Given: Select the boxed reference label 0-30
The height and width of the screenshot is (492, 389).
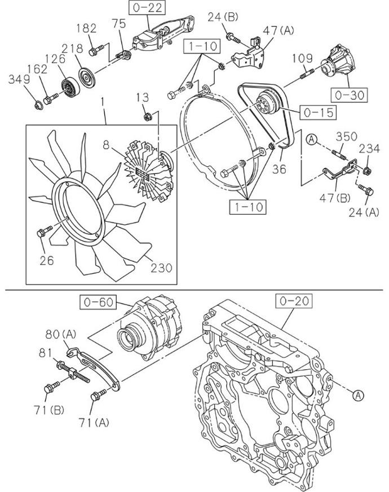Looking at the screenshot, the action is coord(349,95).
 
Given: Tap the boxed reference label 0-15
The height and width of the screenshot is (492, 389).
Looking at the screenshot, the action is coord(318,113).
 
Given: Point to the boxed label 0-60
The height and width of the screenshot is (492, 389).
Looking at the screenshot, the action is coord(98,302).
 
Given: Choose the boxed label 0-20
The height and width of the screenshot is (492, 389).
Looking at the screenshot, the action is coord(294,301).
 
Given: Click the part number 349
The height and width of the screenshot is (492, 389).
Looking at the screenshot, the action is coord(19,79).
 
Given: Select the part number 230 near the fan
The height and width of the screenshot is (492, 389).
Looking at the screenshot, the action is coord(161,267).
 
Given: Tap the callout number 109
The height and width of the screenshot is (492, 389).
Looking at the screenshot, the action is coord(303,59).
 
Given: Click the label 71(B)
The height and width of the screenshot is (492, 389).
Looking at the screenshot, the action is coord(50,410).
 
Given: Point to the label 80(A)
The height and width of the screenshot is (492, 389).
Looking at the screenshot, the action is coord(61,334).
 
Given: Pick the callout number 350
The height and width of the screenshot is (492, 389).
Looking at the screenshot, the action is coord(347,136).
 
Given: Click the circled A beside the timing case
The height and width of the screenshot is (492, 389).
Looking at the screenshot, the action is coord(358,395).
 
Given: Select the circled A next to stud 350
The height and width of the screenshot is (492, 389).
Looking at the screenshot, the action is coord(311,139).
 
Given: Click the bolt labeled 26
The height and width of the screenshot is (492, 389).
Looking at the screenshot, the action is coord(45,231).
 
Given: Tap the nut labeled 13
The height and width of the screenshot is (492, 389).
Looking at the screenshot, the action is coord(147,117).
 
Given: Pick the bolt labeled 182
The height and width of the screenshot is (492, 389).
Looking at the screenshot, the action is coord(96,50).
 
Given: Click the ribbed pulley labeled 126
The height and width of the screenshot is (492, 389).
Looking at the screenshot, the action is coord(70,86).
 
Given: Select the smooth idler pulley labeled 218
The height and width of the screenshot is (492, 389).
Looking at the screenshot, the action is coord(86,77).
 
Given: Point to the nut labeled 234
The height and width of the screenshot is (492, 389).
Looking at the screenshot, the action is coord(366,171).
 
